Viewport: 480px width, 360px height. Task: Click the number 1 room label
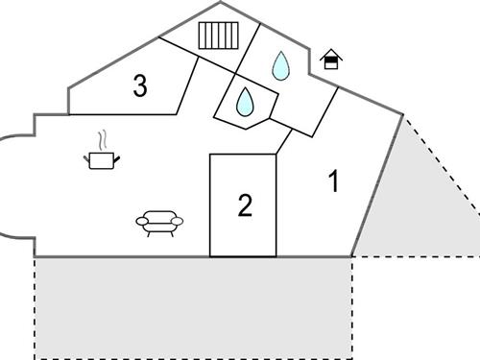333,181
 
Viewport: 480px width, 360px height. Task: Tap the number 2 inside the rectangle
245,205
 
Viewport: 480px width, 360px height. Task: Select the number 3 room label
140,86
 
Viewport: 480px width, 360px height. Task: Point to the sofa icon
159,222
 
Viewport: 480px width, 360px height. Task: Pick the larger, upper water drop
280,65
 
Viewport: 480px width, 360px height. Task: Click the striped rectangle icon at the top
218,36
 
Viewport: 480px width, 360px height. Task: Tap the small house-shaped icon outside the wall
331,60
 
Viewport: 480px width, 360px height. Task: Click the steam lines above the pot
101,139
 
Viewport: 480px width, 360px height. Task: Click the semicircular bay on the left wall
14,187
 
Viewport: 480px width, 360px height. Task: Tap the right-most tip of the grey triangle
478,256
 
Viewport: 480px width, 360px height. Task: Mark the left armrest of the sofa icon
140,221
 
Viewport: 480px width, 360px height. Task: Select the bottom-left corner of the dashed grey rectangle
36,357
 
